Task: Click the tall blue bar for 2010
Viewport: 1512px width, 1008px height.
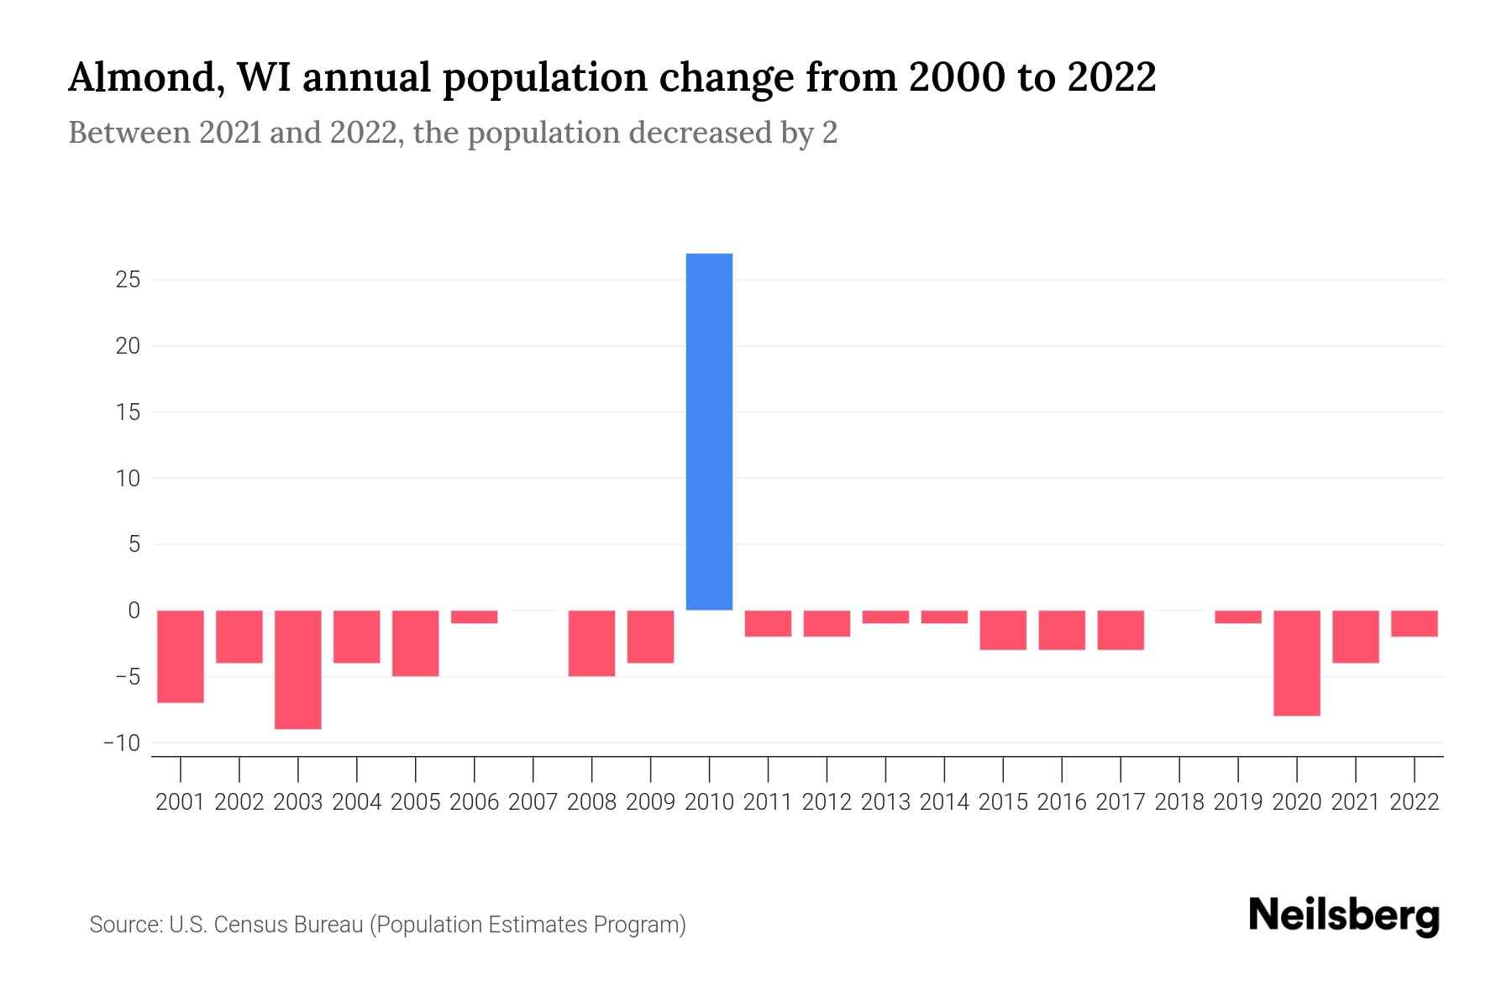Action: click(709, 431)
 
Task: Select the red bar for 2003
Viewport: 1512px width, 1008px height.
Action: click(298, 669)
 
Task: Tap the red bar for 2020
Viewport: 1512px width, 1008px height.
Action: click(1296, 663)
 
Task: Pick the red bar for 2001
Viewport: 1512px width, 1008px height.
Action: click(181, 656)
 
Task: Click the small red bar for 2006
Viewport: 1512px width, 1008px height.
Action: click(474, 617)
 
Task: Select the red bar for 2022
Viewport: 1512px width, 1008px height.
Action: click(1414, 623)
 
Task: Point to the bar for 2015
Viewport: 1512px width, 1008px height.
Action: click(1003, 630)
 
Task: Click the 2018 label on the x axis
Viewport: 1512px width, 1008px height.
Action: click(1179, 802)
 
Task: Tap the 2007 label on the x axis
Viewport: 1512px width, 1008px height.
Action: click(533, 802)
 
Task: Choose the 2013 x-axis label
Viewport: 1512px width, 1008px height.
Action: click(885, 802)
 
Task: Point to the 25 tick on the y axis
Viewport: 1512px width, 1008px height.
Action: click(128, 280)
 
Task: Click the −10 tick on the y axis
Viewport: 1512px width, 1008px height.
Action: click(122, 743)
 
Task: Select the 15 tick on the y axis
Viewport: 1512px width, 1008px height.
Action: click(128, 412)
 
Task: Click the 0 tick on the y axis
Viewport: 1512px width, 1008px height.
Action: click(133, 611)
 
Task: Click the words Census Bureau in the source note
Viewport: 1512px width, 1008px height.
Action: click(290, 925)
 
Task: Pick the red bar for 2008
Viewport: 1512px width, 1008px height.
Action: click(591, 643)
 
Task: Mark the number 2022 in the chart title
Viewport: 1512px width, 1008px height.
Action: click(1112, 78)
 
